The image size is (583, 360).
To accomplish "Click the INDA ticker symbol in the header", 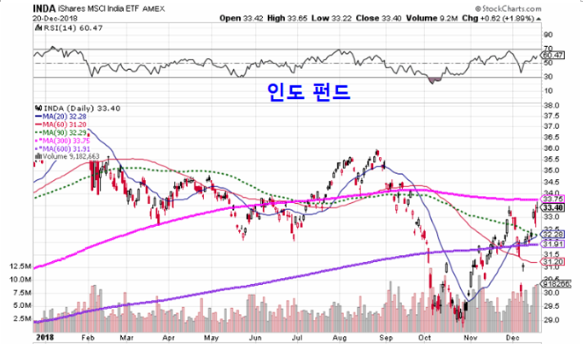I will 45,9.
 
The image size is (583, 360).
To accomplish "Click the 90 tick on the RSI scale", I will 550,35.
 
